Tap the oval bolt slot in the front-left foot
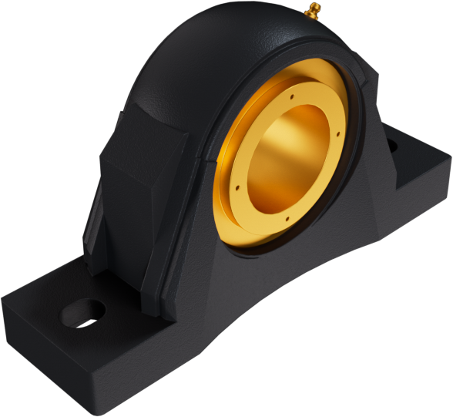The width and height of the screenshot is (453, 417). pos(82,311)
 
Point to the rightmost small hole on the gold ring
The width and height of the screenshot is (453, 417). pos(337,136)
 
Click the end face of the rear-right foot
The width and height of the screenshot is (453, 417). pos(435,173)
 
